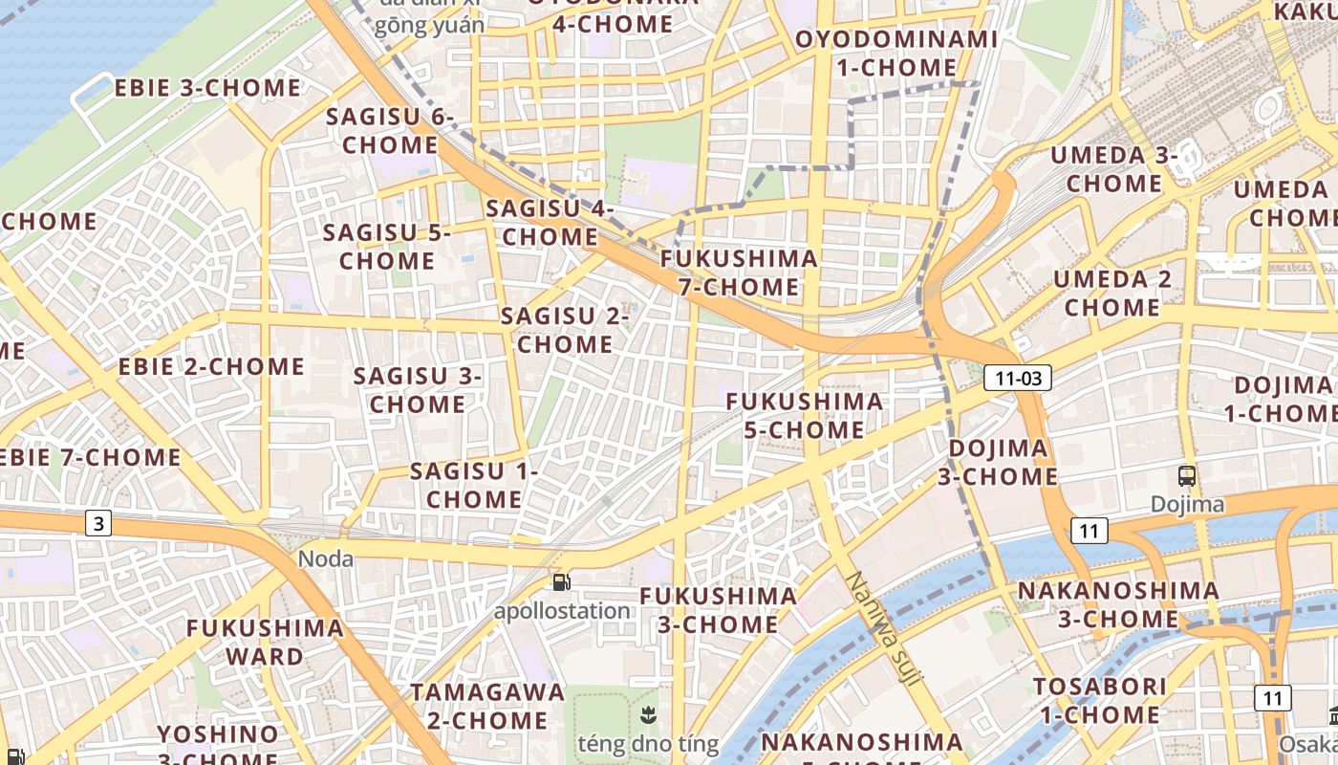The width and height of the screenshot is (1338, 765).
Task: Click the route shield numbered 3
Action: (x=98, y=523)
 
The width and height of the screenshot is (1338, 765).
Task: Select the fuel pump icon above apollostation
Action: (x=562, y=580)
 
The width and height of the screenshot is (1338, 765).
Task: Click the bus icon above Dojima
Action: (x=1186, y=475)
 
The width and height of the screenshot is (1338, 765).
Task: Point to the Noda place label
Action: (x=326, y=558)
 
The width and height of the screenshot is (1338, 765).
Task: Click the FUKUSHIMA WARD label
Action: (x=265, y=642)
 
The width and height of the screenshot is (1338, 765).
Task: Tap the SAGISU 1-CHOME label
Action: (x=474, y=485)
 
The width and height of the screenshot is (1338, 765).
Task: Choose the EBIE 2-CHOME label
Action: (x=211, y=366)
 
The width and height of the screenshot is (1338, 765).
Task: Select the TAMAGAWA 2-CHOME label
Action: (x=487, y=706)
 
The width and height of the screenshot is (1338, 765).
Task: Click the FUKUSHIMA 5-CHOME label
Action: (x=805, y=415)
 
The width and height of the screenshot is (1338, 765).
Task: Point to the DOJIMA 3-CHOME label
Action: (x=1003, y=462)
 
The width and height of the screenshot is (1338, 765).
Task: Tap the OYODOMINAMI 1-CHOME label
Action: (x=896, y=54)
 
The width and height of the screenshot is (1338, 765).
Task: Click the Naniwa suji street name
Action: (x=884, y=628)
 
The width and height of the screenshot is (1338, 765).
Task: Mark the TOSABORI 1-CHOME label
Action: (x=1100, y=700)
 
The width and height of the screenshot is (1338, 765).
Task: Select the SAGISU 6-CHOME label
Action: (x=390, y=131)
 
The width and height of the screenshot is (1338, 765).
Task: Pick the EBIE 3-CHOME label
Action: (x=207, y=88)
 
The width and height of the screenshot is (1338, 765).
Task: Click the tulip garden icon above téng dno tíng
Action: (x=647, y=713)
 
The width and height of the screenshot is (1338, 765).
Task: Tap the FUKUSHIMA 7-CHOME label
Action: (x=739, y=273)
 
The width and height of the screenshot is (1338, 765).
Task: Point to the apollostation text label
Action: (x=562, y=610)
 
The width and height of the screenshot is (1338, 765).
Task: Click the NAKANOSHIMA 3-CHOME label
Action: (x=1118, y=604)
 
